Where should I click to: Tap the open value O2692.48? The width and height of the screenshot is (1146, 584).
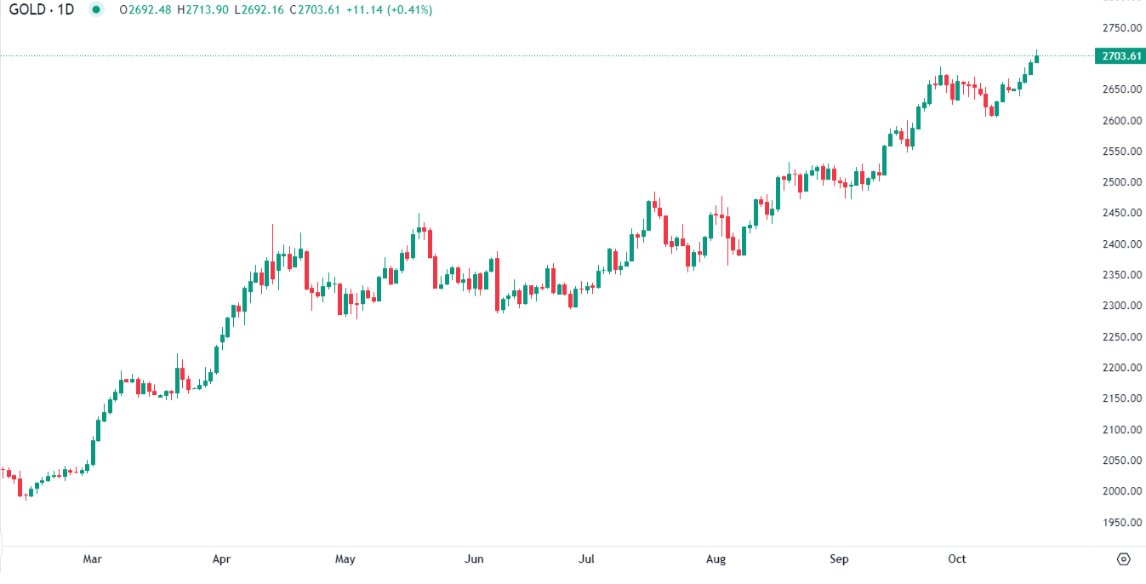pyautogui.click(x=145, y=10)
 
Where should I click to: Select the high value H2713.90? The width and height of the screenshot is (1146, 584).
pyautogui.click(x=202, y=10)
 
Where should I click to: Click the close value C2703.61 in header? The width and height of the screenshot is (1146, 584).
pyautogui.click(x=314, y=10)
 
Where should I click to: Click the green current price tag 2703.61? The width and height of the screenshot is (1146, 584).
pyautogui.click(x=1120, y=56)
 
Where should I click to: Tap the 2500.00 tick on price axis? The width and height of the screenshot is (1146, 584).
pyautogui.click(x=1120, y=182)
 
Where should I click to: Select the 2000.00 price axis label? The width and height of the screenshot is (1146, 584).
pyautogui.click(x=1120, y=491)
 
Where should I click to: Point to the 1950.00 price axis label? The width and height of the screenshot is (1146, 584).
pyautogui.click(x=1120, y=522)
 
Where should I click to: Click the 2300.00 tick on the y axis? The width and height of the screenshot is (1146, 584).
pyautogui.click(x=1120, y=306)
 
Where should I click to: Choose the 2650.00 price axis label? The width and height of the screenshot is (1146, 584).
pyautogui.click(x=1120, y=89)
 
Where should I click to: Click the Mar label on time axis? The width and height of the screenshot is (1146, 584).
pyautogui.click(x=93, y=559)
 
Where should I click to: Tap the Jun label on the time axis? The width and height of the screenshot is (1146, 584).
pyautogui.click(x=474, y=559)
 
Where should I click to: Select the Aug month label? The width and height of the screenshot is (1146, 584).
pyautogui.click(x=716, y=559)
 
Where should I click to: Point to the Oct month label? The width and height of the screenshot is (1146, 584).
pyautogui.click(x=957, y=559)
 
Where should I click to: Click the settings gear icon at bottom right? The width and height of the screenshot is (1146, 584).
pyautogui.click(x=1123, y=559)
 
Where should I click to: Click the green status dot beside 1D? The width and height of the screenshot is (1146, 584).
pyautogui.click(x=96, y=10)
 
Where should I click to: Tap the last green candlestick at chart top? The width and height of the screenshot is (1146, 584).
pyautogui.click(x=1036, y=59)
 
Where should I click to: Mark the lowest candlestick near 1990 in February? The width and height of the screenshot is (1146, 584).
pyautogui.click(x=26, y=493)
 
